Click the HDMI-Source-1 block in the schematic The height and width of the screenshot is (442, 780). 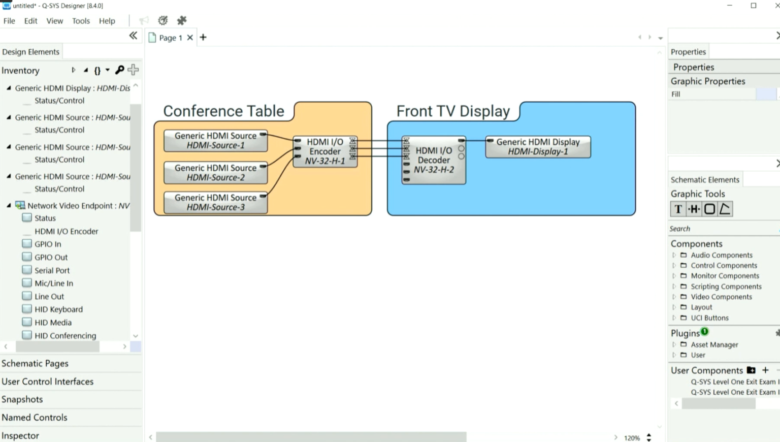(215, 141)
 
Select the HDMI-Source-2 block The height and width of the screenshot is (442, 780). (215, 173)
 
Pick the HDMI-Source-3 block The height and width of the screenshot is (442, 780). (215, 202)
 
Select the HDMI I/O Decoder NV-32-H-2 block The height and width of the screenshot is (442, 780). (434, 160)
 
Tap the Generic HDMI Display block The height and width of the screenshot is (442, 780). (538, 147)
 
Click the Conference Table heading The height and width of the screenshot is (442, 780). (223, 111)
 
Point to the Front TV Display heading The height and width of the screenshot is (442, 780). (453, 111)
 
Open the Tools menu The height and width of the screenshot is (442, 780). (81, 21)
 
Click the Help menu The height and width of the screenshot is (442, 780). (107, 21)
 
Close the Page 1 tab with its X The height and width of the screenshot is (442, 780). (190, 38)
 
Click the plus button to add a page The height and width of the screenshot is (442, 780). (203, 37)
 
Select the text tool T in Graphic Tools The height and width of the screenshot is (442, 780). (678, 209)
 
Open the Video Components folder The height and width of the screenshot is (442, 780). (721, 297)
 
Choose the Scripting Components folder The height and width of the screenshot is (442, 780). (726, 287)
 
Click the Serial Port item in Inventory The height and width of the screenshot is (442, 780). (52, 270)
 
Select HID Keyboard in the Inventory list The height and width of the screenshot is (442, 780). (58, 309)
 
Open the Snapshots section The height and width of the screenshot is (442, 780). (22, 399)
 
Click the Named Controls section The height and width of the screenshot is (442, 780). (35, 418)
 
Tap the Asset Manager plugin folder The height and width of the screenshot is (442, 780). (714, 344)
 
